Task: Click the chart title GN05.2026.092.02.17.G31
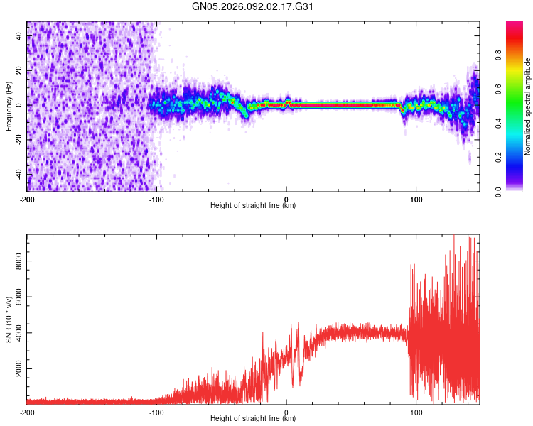point(253,6)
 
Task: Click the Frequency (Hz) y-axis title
point(9,106)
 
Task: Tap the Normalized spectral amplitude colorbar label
point(527,106)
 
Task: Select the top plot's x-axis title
point(253,206)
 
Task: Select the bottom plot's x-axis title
point(253,419)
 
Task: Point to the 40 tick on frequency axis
point(18,36)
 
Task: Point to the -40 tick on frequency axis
point(18,174)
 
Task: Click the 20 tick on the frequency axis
point(18,71)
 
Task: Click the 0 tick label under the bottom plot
point(286,412)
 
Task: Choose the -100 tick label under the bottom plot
point(156,412)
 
